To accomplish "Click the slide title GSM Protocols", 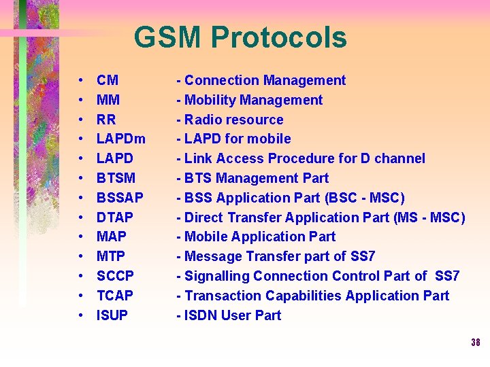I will tap(240, 38).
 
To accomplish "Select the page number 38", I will tap(475, 343).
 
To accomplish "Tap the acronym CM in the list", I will tap(108, 80).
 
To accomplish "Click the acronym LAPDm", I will tap(121, 139).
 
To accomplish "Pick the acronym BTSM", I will tap(116, 178).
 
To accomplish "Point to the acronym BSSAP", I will tap(120, 198).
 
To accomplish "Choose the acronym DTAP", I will tap(115, 217).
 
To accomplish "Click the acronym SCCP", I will tap(115, 276).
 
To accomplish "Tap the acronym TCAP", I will tap(114, 296).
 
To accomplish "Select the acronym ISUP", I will tap(112, 315).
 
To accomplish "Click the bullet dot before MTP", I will tap(80, 257).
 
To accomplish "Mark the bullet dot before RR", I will tap(80, 120).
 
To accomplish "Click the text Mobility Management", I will tap(254, 100).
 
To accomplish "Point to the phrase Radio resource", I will tap(234, 120).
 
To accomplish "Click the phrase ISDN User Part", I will tap(233, 315).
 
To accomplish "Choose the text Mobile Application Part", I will tap(260, 237).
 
